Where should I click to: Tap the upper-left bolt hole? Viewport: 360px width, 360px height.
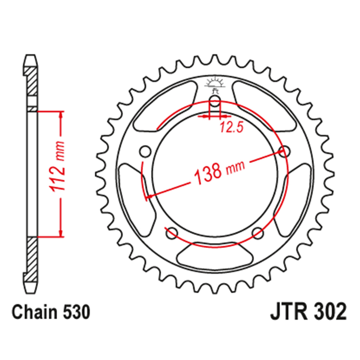click(x=145, y=152)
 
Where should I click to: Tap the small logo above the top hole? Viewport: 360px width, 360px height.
click(x=215, y=83)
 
